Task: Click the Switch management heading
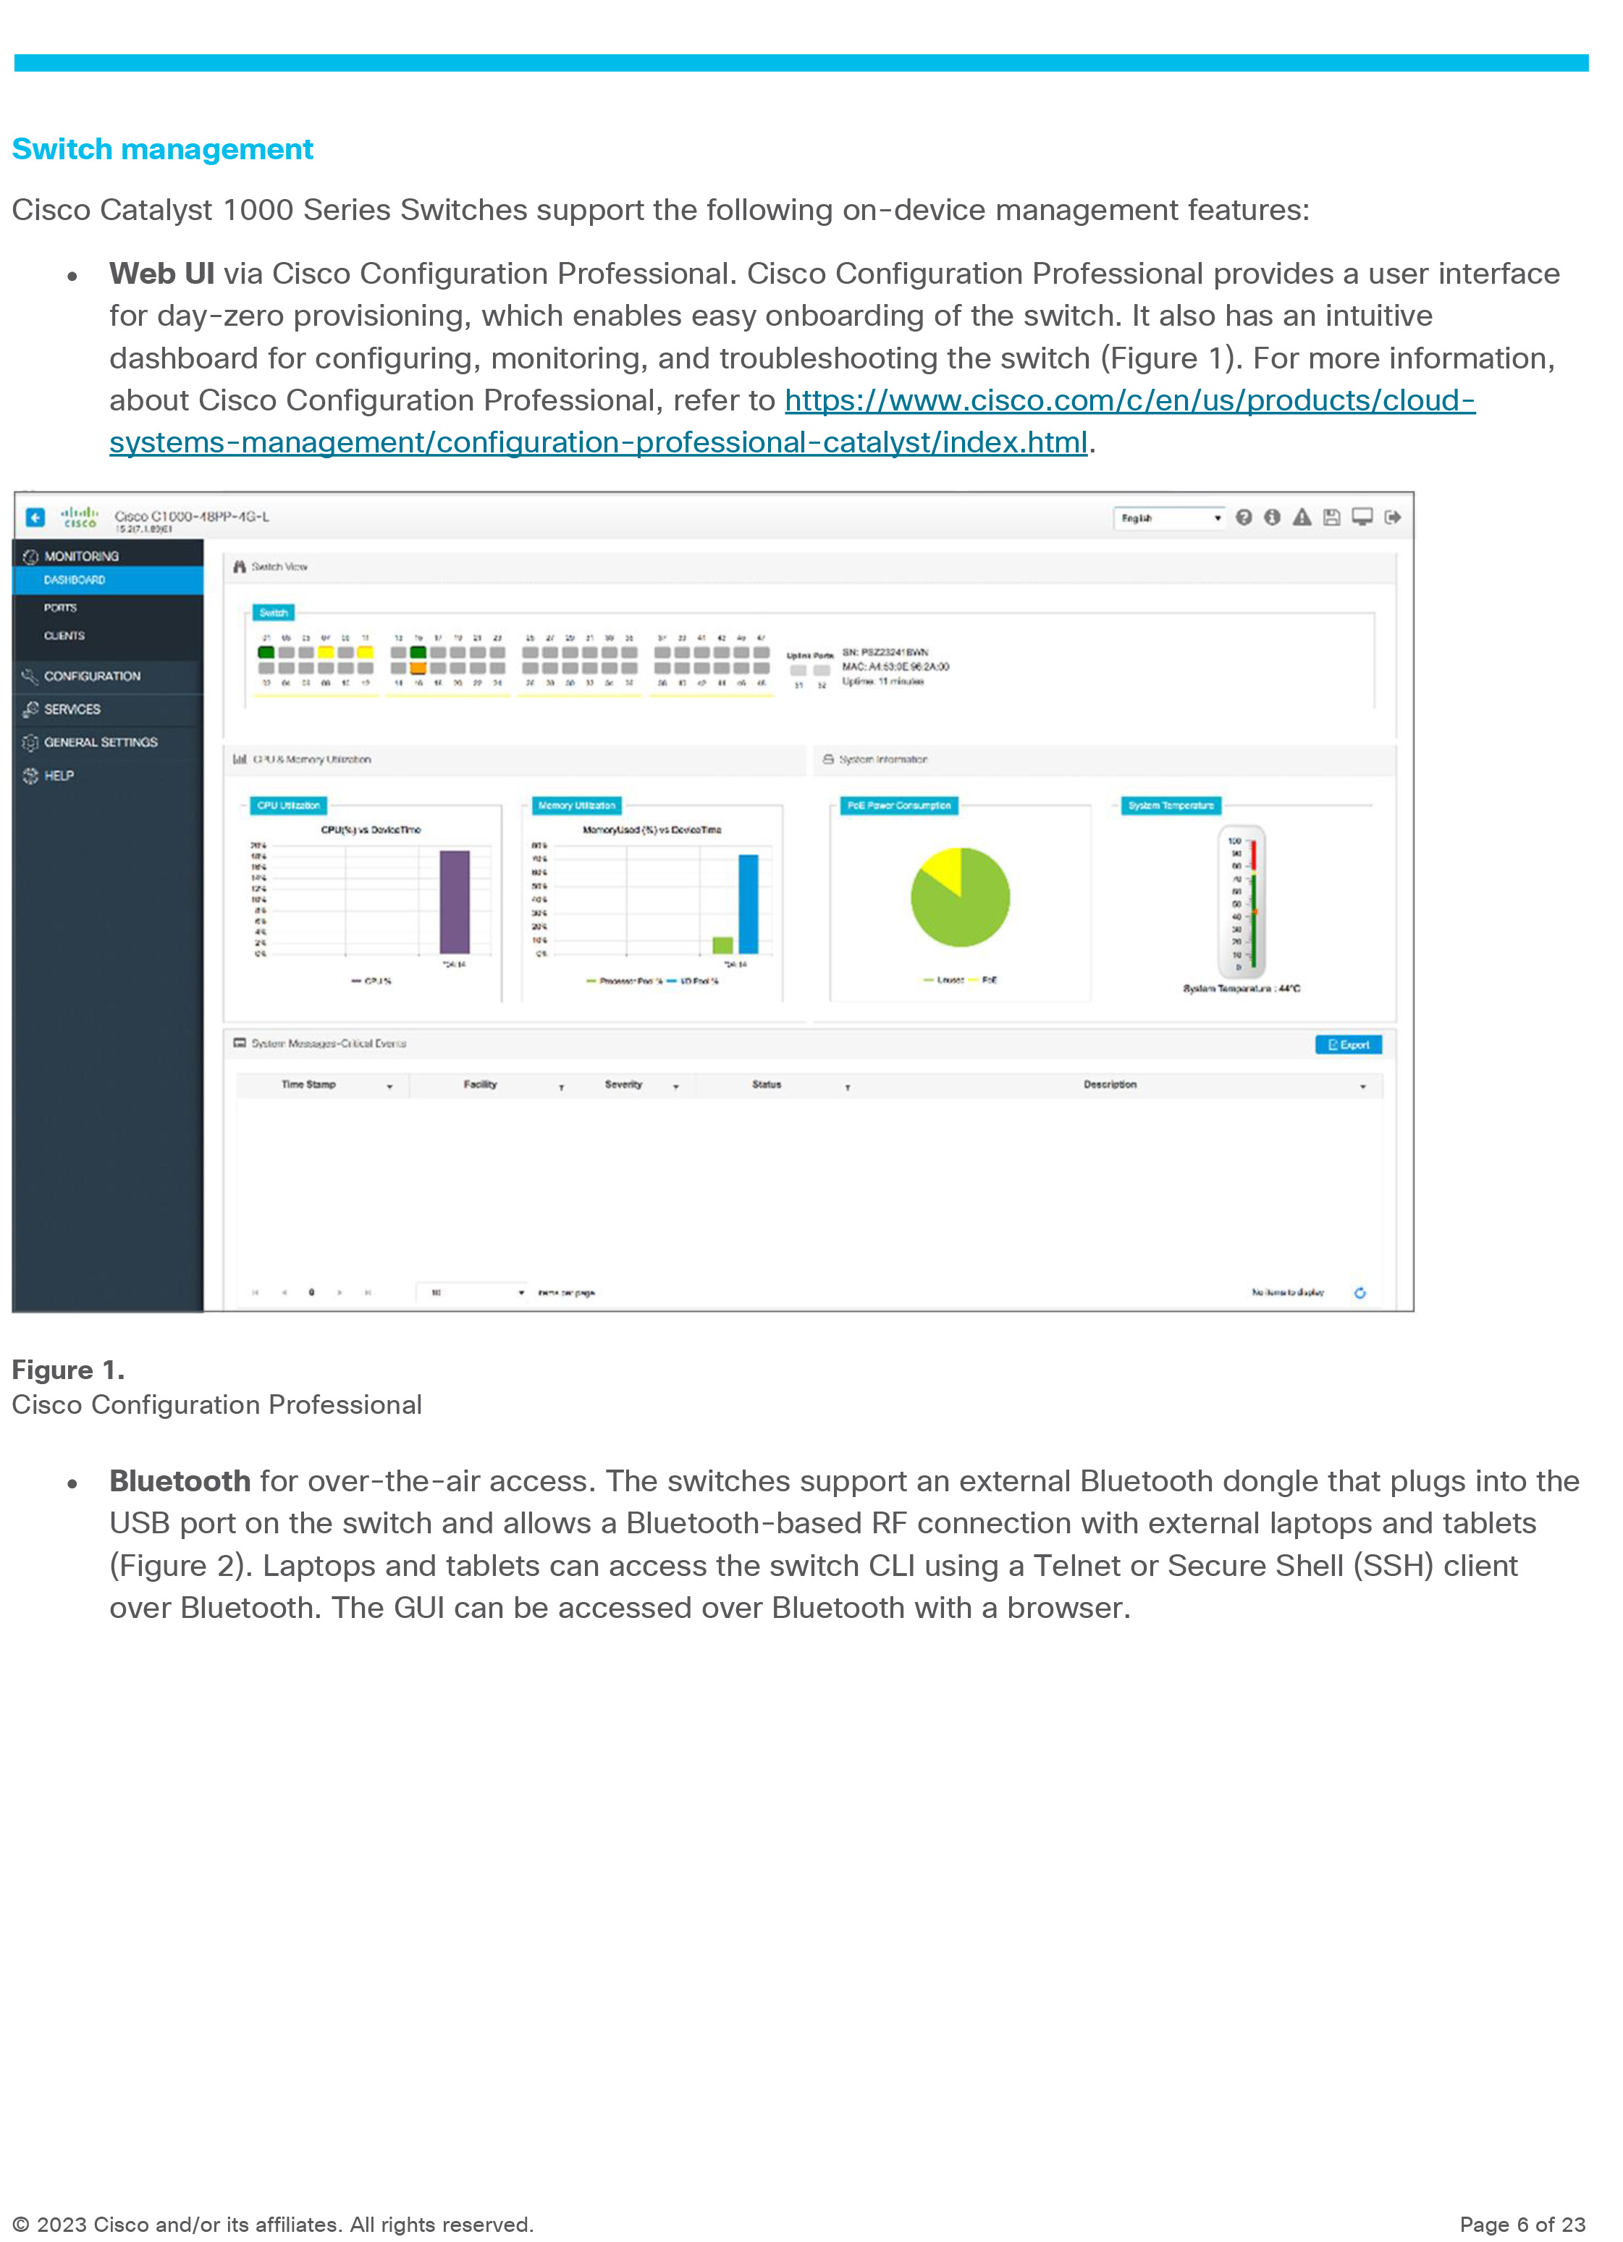tap(162, 149)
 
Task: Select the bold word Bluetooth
tap(180, 1481)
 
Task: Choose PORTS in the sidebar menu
tap(60, 608)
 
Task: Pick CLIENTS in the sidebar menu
tap(64, 636)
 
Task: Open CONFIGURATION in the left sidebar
tap(92, 676)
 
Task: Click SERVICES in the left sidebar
tap(72, 709)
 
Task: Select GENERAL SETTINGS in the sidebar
tap(100, 743)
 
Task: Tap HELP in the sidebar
tap(59, 776)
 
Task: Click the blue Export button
tap(1348, 1045)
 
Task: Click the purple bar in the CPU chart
tap(455, 901)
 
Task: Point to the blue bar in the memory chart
tap(749, 903)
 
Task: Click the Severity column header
tap(624, 1084)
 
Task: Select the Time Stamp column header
tap(308, 1084)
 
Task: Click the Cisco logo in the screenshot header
tap(79, 517)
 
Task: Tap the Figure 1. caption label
tap(68, 1370)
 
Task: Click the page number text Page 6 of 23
tap(1522, 2224)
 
